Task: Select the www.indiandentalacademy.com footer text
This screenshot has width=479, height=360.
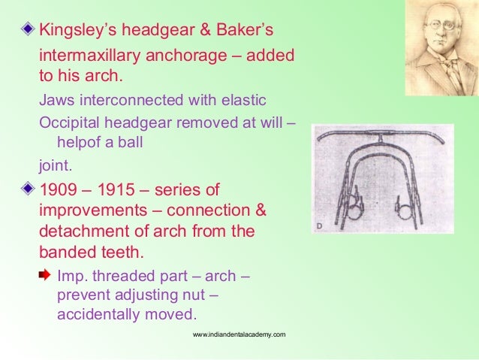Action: point(239,333)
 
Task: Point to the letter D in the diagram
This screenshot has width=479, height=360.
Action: point(319,224)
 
